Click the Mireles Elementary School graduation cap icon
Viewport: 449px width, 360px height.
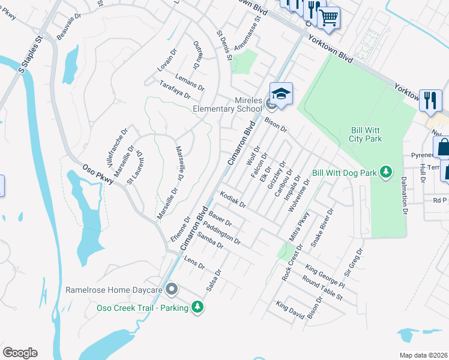point(280,94)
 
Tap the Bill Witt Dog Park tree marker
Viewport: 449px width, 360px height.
point(387,173)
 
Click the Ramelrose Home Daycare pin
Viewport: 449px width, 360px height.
point(171,290)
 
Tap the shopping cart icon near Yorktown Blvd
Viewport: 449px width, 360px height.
point(328,19)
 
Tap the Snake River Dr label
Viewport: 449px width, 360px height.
point(322,229)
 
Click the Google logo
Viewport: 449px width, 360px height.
point(20,353)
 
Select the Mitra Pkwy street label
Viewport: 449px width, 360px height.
point(299,227)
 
